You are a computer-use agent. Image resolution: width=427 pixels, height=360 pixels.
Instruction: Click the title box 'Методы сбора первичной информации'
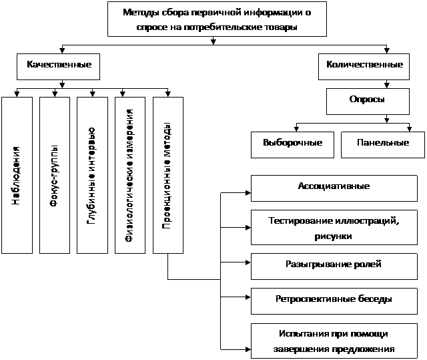pyautogui.click(x=217, y=19)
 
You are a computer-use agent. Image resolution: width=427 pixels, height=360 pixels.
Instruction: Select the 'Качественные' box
pyautogui.click(x=59, y=65)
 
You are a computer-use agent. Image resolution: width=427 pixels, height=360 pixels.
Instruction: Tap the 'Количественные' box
pyautogui.click(x=364, y=65)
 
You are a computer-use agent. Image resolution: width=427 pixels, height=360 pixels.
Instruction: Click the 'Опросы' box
pyautogui.click(x=367, y=100)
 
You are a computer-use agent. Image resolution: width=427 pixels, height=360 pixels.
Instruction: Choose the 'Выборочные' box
pyautogui.click(x=293, y=143)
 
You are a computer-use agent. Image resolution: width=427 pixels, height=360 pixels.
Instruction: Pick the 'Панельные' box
pyautogui.click(x=383, y=143)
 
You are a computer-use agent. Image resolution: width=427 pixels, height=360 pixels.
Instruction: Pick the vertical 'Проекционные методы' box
pyautogui.click(x=167, y=175)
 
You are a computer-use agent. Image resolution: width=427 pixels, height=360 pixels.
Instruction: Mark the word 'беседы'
pyautogui.click(x=376, y=300)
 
